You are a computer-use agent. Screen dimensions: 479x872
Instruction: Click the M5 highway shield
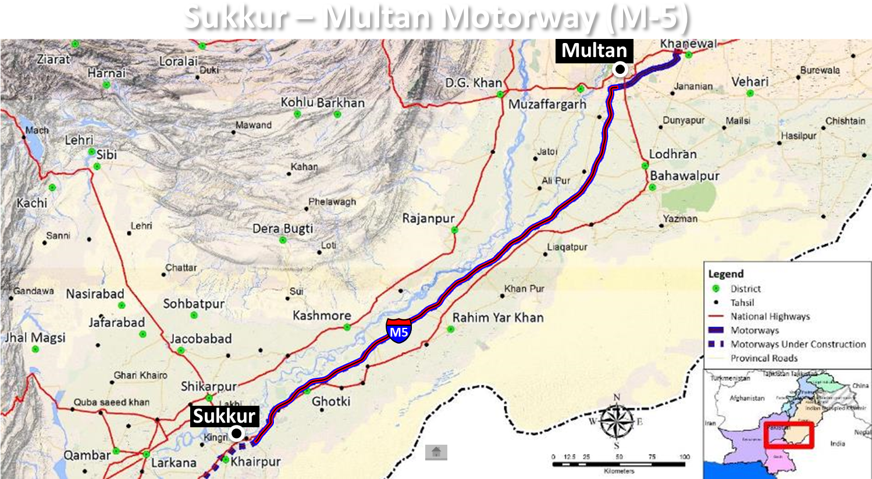coord(398,331)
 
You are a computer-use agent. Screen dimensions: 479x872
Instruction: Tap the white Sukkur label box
coord(224,416)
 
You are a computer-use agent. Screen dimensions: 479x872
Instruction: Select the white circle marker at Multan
coord(620,70)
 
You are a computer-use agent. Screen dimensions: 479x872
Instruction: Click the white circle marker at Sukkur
coord(236,434)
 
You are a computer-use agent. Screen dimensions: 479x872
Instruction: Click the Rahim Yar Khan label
coord(498,318)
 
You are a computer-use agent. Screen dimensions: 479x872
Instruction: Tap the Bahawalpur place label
coord(685,176)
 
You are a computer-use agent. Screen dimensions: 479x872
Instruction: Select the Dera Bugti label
coord(283,228)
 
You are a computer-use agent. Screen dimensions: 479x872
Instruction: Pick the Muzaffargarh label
coord(547,105)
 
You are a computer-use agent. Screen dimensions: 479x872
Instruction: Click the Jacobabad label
coord(201,339)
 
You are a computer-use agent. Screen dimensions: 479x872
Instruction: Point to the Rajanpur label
coord(429,219)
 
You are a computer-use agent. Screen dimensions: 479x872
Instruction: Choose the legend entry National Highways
coord(770,317)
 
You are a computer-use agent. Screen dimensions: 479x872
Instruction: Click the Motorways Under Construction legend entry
coord(798,344)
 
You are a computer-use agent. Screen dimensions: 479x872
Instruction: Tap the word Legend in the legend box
coord(725,274)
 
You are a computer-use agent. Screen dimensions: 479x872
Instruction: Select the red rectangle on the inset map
coord(789,435)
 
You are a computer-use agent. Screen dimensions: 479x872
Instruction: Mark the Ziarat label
coord(53,59)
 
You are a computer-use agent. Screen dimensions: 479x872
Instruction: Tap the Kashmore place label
coord(322,316)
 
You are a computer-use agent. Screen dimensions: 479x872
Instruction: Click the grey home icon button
coord(436,452)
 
